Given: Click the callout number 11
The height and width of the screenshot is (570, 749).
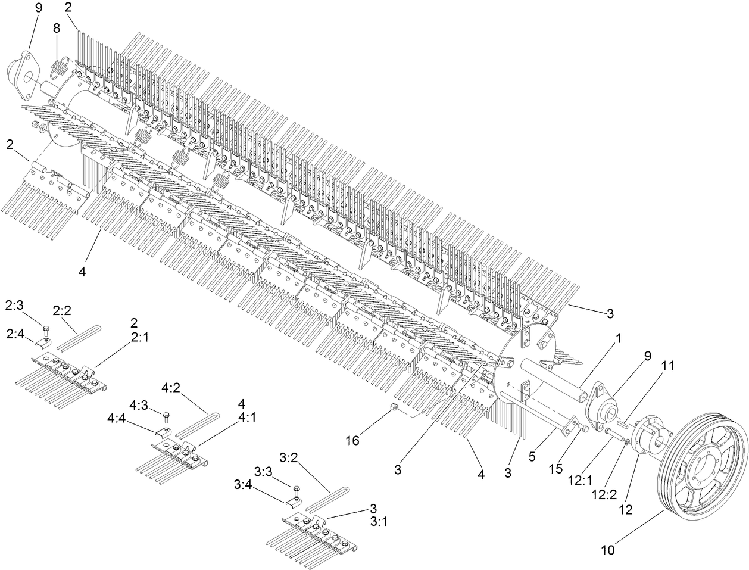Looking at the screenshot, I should tap(667, 366).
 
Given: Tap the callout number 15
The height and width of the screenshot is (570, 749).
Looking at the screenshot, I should tap(555, 469).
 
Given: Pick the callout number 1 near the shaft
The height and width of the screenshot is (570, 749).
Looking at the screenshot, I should tap(619, 338).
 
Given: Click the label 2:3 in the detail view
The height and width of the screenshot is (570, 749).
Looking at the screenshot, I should tap(14, 305).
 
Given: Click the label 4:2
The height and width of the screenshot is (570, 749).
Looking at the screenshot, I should tap(171, 388).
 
